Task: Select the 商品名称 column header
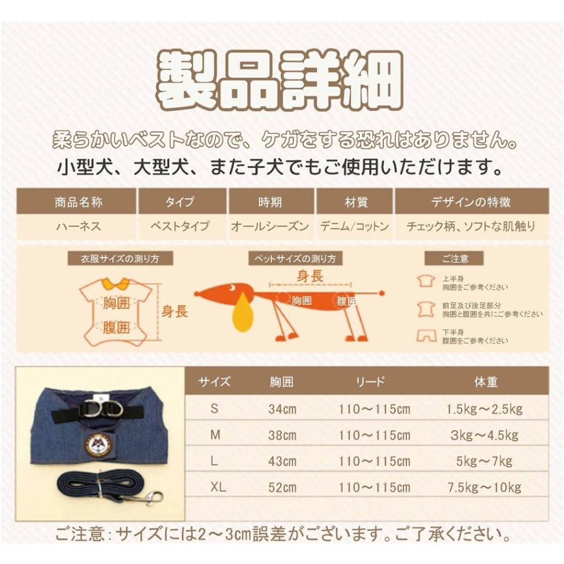tap(78, 202)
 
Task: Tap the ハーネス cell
tap(78, 226)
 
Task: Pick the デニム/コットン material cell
tap(355, 226)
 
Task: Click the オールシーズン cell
tap(270, 226)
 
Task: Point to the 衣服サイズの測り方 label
tap(120, 259)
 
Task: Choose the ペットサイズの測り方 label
tap(295, 259)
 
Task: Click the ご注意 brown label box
tap(454, 259)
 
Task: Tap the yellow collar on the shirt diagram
tap(115, 283)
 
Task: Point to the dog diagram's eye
tap(232, 288)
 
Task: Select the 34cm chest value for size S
tap(283, 409)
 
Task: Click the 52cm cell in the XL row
tap(283, 488)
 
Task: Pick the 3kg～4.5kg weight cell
tap(484, 436)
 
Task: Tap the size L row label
tap(214, 461)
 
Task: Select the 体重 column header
tap(486, 382)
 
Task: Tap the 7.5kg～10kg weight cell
tap(484, 488)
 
